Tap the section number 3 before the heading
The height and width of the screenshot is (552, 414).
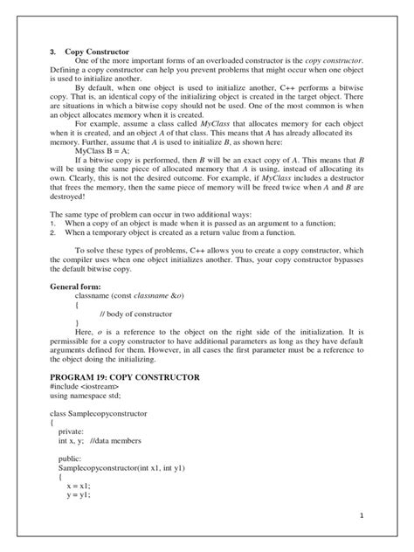coord(52,51)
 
